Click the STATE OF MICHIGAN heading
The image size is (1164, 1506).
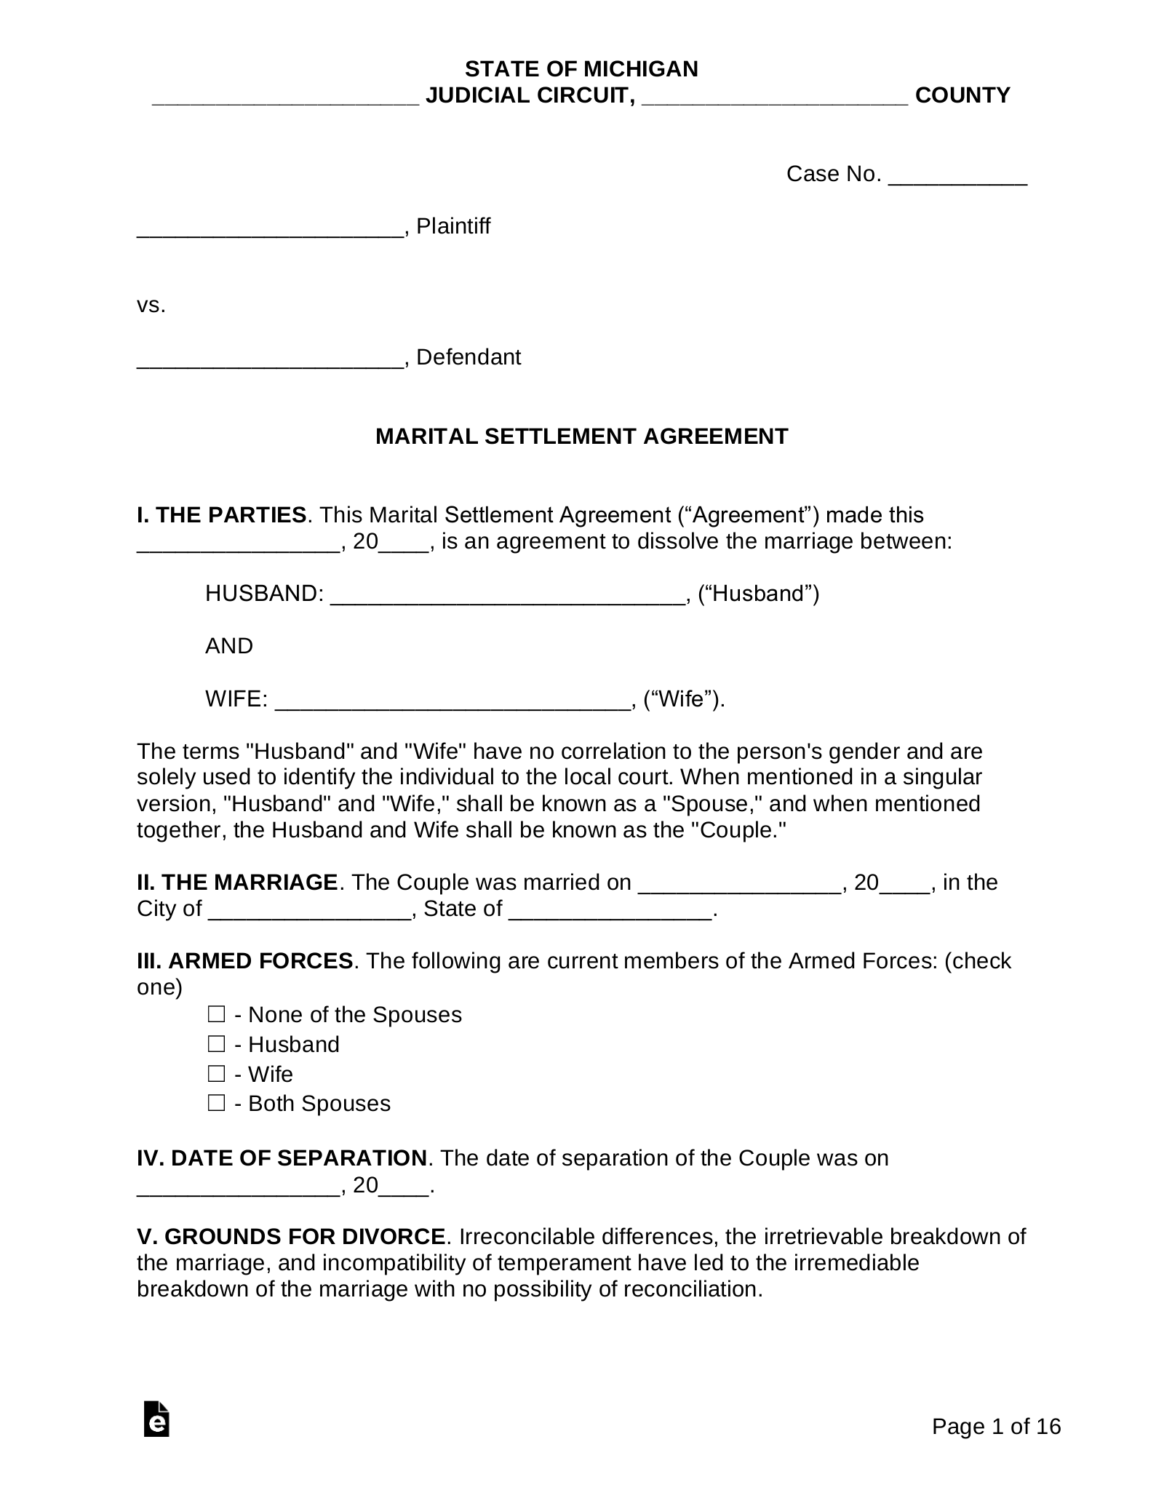[581, 69]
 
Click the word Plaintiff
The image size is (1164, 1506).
[453, 226]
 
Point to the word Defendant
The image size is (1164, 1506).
[469, 357]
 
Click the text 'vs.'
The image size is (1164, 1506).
[151, 306]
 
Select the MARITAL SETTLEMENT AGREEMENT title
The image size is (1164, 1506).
[581, 437]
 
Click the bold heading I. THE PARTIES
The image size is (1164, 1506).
[222, 515]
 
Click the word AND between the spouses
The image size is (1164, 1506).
[229, 646]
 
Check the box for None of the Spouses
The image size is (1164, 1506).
[216, 1014]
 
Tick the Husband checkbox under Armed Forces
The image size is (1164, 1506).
[216, 1044]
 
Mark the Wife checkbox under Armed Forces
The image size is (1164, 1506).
[216, 1074]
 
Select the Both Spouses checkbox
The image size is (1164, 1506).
[216, 1103]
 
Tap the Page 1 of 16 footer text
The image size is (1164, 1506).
[996, 1427]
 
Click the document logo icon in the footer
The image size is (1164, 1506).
[156, 1419]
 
